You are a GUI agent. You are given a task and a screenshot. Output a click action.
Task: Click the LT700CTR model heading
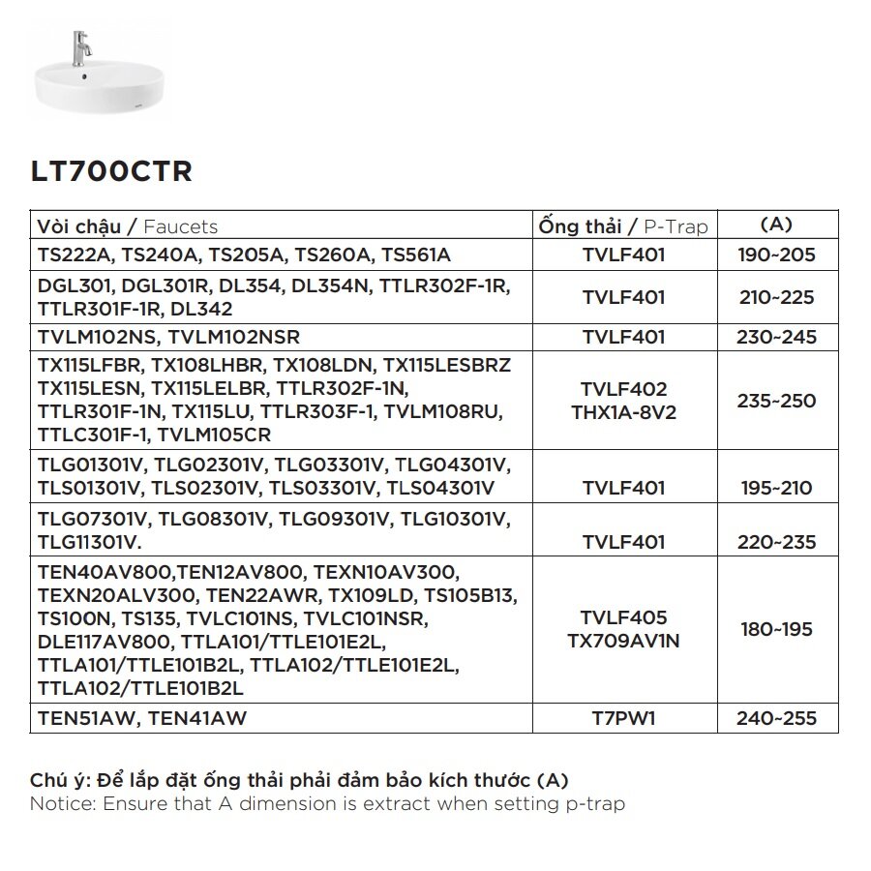coord(111,172)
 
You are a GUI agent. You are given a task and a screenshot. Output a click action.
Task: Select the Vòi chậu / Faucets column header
coord(128,226)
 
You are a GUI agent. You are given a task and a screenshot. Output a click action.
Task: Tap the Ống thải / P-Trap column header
coord(623,226)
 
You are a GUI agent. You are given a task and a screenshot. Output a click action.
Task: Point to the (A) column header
coord(776,225)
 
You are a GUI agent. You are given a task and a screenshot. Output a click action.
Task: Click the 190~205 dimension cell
coord(776,255)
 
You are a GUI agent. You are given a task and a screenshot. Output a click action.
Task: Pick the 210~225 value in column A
coord(776,297)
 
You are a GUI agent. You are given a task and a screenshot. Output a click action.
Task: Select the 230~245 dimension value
coord(776,338)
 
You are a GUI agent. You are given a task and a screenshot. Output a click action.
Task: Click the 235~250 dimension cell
coord(776,401)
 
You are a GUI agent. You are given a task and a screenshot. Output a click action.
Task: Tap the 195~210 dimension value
coord(776,489)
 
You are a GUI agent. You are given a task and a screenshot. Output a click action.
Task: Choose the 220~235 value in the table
coord(776,543)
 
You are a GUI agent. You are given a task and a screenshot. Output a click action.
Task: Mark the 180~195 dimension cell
coord(776,630)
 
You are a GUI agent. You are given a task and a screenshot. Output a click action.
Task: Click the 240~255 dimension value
coord(776,719)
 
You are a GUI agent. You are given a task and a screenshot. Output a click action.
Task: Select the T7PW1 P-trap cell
coord(623,719)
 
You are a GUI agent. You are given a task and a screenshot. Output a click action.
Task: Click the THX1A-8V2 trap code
coord(623,411)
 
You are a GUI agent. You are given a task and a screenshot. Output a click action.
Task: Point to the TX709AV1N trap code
coord(623,641)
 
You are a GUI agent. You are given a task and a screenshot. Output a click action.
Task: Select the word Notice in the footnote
coord(60,804)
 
